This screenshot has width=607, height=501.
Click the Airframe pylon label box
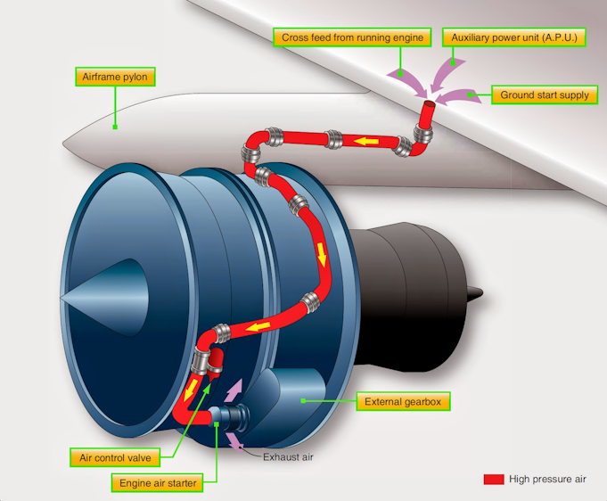pos(114,77)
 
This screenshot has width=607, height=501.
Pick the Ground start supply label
pos(543,94)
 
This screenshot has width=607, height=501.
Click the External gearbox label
pos(402,401)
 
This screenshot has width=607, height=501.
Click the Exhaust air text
pos(288,457)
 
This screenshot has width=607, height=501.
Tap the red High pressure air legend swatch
pos(494,480)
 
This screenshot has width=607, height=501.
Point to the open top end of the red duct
pos(428,108)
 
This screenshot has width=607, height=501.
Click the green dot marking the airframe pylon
pos(116,127)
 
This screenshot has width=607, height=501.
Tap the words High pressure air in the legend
pos(547,480)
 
